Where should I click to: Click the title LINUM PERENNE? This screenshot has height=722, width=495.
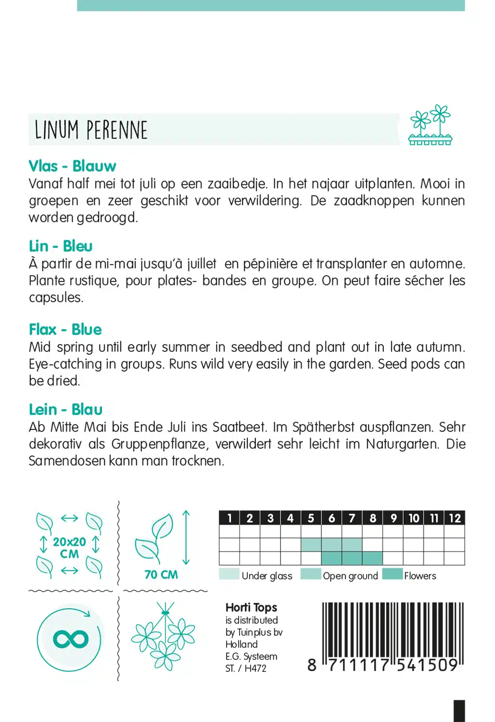pyautogui.click(x=91, y=130)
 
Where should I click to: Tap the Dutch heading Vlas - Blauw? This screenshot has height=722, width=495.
pyautogui.click(x=72, y=166)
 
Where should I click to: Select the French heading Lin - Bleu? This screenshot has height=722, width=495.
pyautogui.click(x=61, y=246)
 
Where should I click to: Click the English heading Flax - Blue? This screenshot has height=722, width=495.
pyautogui.click(x=65, y=329)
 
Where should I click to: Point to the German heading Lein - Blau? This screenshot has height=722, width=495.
pyautogui.click(x=65, y=409)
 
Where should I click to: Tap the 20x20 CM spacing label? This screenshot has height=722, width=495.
pyautogui.click(x=69, y=547)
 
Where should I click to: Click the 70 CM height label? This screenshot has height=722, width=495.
pyautogui.click(x=161, y=574)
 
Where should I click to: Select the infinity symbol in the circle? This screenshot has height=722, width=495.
pyautogui.click(x=71, y=639)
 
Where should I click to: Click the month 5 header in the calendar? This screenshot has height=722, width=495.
pyautogui.click(x=311, y=518)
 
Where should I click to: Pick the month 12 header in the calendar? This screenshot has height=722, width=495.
pyautogui.click(x=455, y=518)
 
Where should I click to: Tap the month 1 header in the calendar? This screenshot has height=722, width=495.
pyautogui.click(x=229, y=518)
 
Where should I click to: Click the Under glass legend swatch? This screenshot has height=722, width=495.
pyautogui.click(x=229, y=574)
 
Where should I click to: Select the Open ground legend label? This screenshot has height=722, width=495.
pyautogui.click(x=350, y=576)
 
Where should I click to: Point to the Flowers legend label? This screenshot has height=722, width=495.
pyautogui.click(x=420, y=576)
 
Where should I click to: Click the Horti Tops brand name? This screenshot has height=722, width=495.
pyautogui.click(x=251, y=607)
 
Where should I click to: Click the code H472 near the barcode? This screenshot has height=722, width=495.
pyautogui.click(x=255, y=668)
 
